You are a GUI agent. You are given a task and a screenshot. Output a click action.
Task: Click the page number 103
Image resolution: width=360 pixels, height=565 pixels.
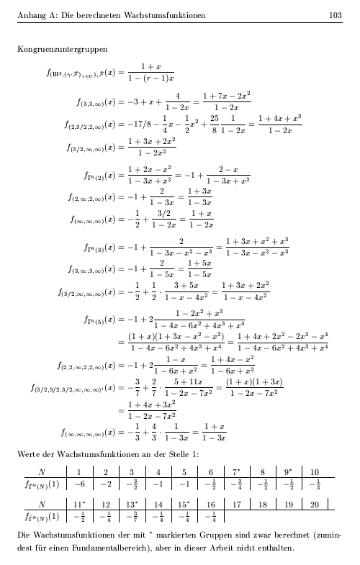coord(335,15)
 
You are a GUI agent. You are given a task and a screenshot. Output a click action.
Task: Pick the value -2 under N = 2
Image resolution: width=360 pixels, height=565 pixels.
coord(106,485)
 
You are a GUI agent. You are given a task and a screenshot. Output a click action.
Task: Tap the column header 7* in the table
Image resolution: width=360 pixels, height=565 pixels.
coord(237,473)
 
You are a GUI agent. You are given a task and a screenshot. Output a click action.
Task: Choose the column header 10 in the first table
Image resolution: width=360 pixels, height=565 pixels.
coord(315,473)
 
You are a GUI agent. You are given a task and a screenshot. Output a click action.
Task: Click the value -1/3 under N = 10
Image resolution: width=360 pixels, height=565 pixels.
coord(315,485)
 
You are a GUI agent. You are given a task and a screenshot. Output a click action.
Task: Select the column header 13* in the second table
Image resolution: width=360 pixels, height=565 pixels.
coord(132,506)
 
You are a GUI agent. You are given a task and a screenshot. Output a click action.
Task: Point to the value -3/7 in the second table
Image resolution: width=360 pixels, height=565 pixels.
coord(132,518)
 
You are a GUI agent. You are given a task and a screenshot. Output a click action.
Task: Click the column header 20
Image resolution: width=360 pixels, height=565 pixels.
coord(315,506)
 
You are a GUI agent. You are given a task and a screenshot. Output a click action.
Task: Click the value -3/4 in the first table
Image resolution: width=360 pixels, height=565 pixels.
coord(236,485)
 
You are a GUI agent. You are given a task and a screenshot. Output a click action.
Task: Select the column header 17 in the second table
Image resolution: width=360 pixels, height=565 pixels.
coord(236,506)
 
